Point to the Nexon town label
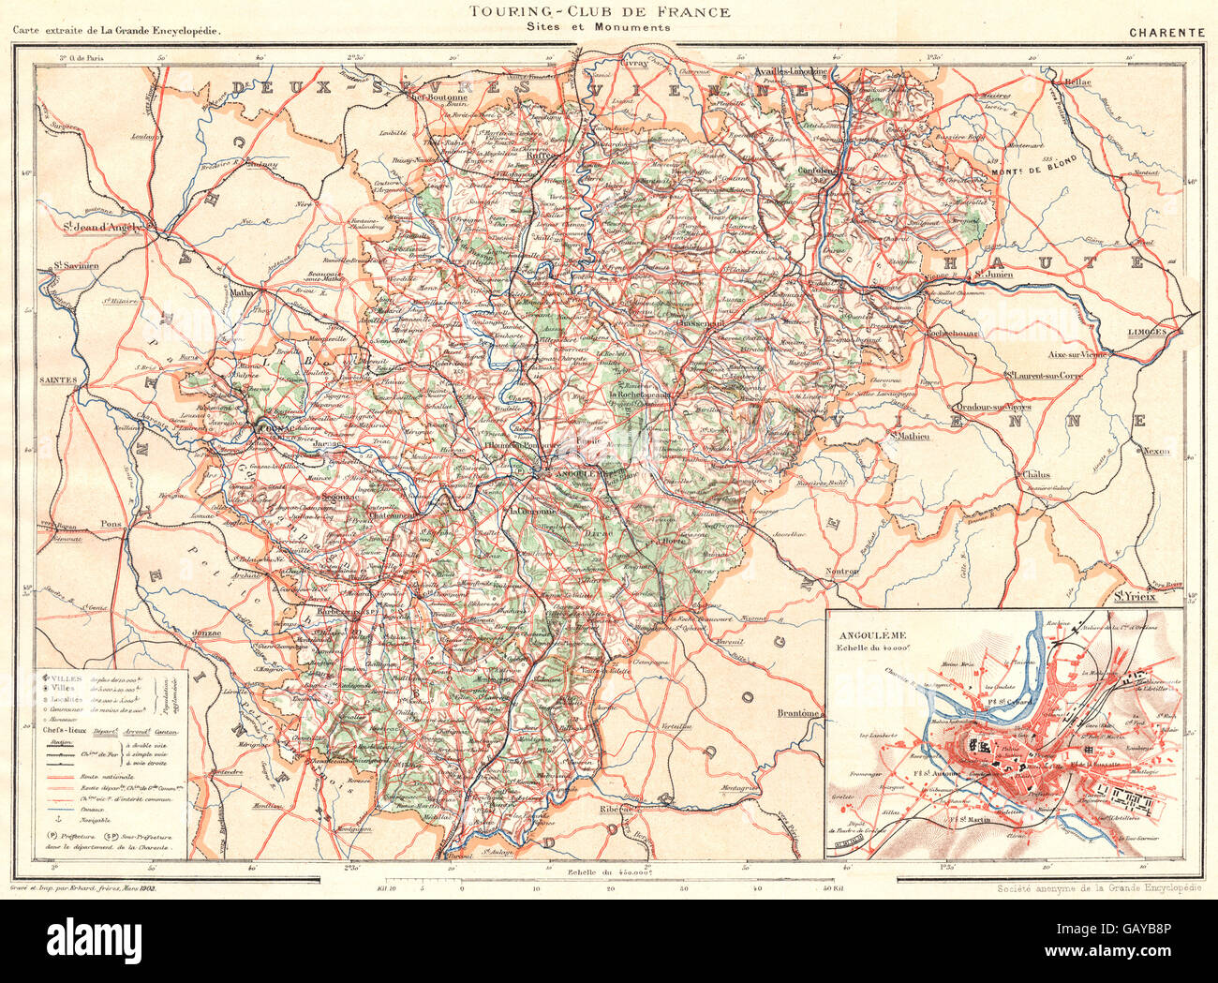pos(1156,452)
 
